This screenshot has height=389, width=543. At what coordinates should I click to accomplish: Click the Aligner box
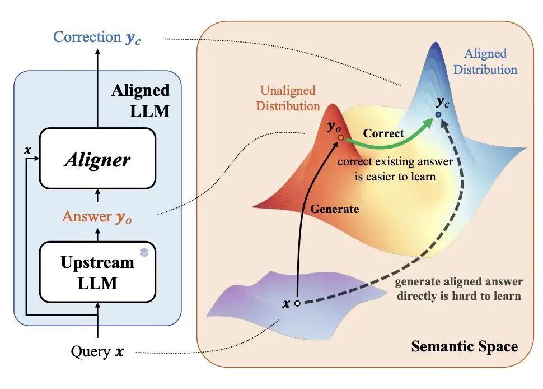click(x=97, y=159)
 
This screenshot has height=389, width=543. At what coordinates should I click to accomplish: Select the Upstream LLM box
click(x=97, y=272)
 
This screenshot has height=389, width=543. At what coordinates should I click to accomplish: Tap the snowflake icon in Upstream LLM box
click(x=144, y=253)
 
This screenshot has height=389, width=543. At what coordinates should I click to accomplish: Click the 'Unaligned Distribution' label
click(x=288, y=98)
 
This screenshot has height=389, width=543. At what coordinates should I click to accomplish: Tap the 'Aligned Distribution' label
click(x=485, y=62)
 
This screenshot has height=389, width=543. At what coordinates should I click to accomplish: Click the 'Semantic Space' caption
click(x=464, y=346)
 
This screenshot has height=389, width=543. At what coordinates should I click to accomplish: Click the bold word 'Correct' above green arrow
click(x=383, y=134)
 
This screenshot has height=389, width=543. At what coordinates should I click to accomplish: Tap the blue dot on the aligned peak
click(x=438, y=115)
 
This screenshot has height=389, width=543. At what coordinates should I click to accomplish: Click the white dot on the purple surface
click(x=298, y=303)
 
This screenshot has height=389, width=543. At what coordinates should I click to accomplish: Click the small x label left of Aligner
click(x=27, y=151)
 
